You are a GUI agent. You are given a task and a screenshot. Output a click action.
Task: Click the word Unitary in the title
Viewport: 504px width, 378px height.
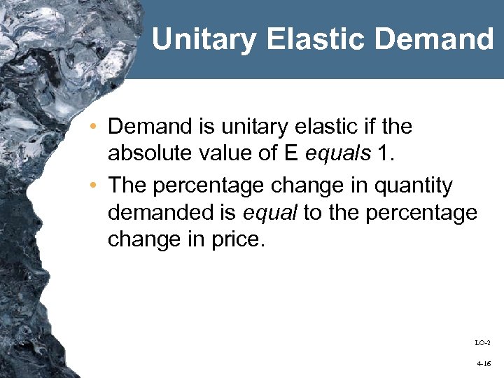(x=204, y=39)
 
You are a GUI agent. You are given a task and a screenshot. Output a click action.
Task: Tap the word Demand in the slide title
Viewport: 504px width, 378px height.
(x=434, y=39)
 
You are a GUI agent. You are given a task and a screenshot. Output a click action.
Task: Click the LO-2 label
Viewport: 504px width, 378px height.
(x=482, y=342)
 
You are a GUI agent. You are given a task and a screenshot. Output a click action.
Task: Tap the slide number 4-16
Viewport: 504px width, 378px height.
(x=483, y=365)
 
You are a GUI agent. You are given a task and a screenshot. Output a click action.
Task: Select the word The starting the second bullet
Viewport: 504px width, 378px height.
(x=127, y=186)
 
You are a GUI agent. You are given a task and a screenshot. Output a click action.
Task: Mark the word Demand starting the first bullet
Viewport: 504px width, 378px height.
(x=150, y=127)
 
